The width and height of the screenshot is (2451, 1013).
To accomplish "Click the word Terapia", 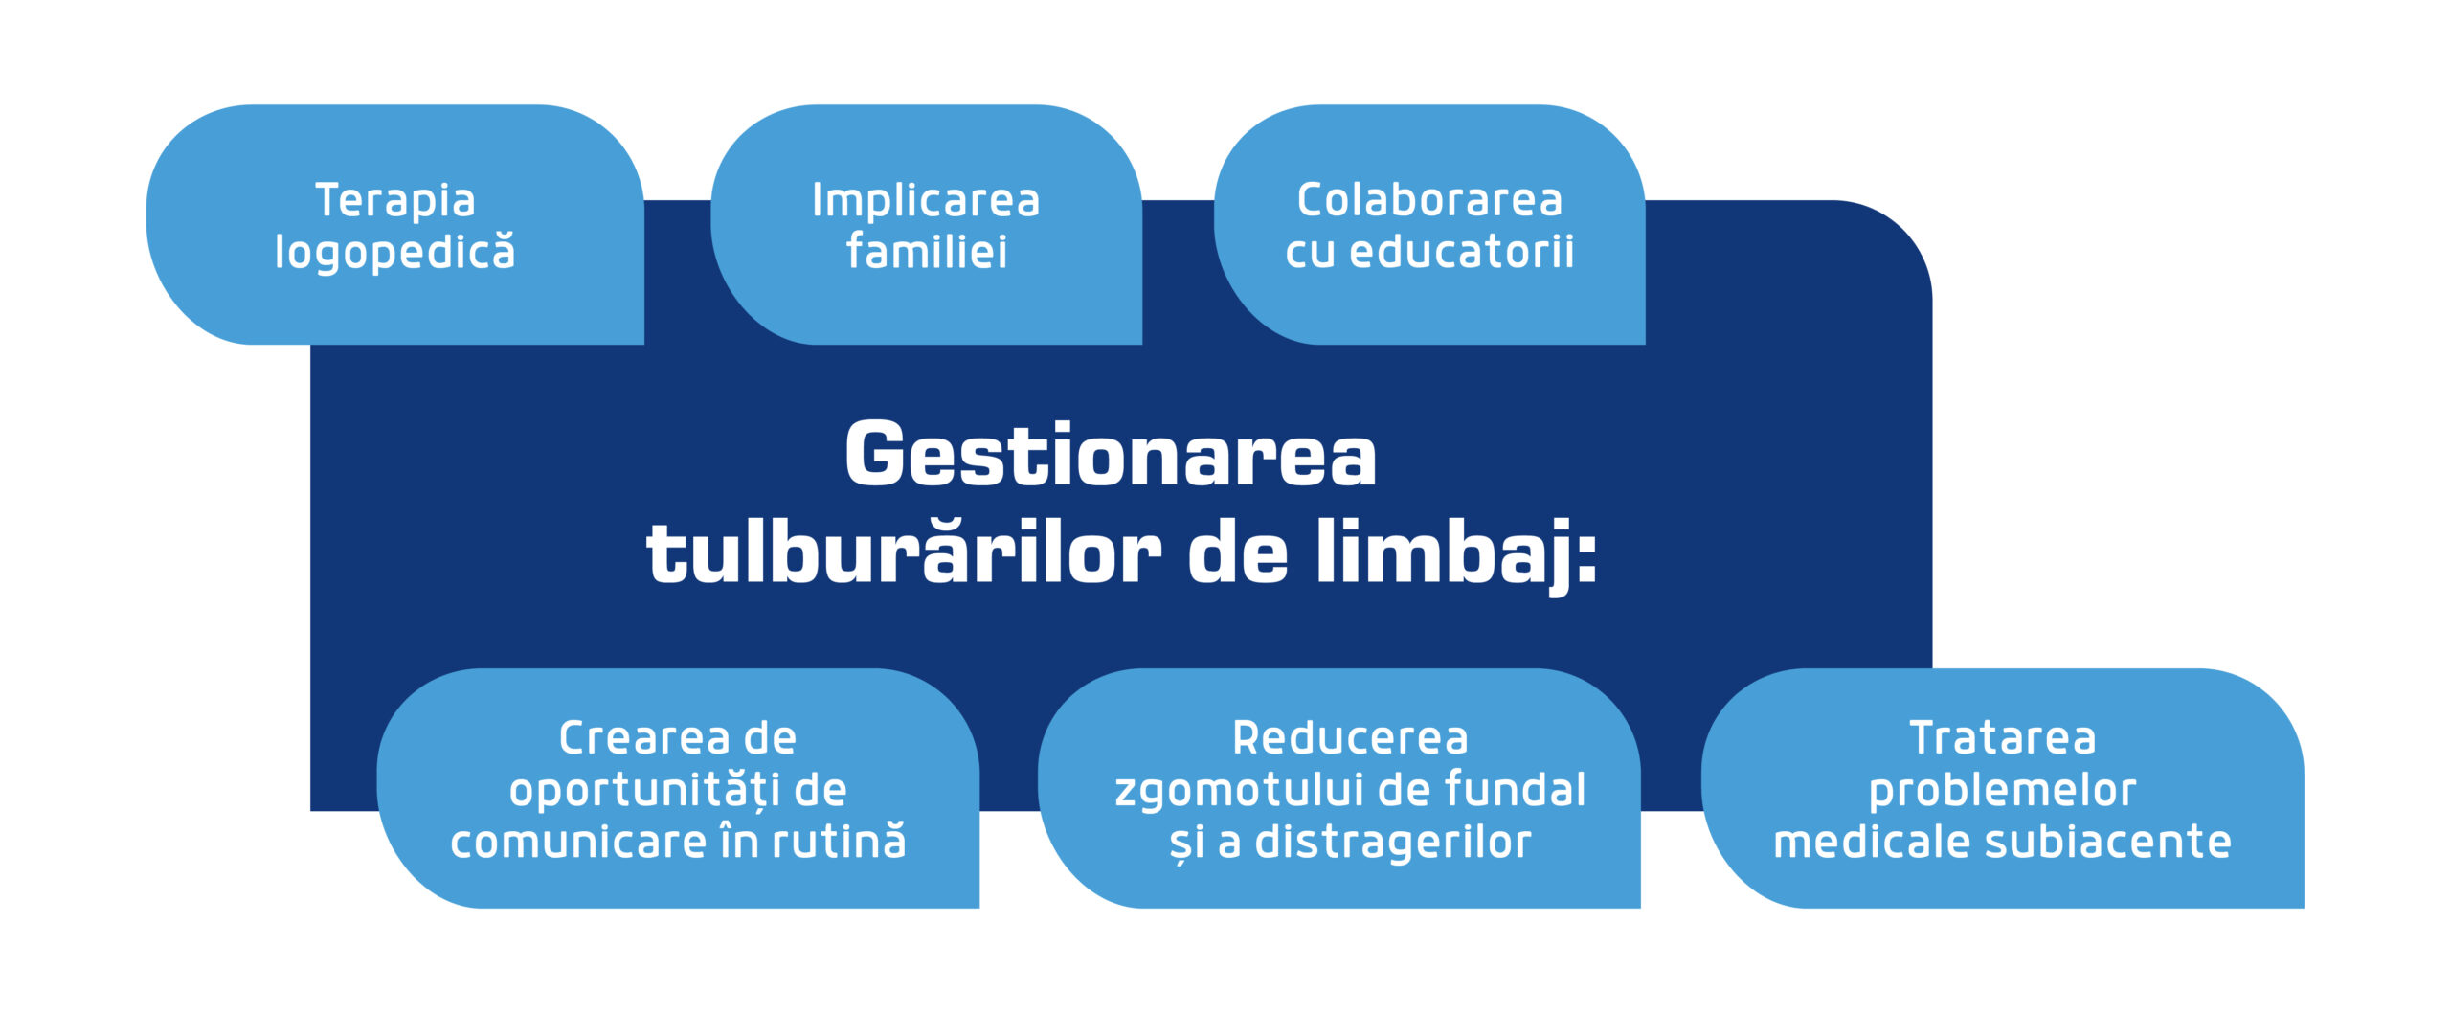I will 394,201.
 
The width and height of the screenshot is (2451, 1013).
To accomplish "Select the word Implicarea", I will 926,201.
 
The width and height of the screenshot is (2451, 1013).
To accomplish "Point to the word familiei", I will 926,252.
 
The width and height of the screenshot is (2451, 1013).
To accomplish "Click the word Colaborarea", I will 1429,201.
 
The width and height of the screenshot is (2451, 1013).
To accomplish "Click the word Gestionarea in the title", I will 1111,456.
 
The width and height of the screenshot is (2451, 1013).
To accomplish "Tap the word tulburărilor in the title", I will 904,555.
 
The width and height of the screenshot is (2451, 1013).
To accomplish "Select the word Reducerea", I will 1350,738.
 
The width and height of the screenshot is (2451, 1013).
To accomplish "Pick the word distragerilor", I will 1393,843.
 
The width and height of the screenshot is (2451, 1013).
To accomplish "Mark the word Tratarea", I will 2002,738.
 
